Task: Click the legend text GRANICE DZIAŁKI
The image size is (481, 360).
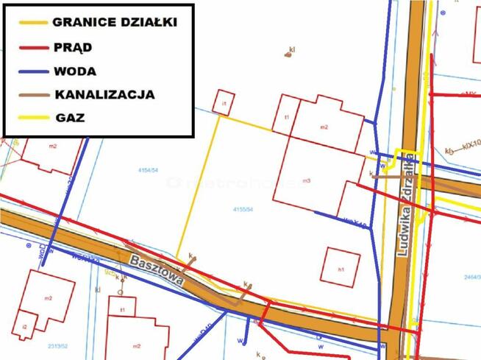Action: (114, 21)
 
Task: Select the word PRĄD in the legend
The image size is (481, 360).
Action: (72, 47)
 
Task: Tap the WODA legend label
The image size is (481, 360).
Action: (75, 71)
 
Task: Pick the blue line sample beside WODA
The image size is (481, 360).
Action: (29, 71)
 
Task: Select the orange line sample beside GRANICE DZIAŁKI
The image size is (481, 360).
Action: (29, 22)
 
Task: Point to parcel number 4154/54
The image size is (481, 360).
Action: (149, 171)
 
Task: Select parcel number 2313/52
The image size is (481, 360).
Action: (58, 344)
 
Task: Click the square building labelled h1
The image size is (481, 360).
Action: (341, 269)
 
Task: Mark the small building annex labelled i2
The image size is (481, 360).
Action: (24, 326)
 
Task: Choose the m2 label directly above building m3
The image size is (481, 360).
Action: (324, 127)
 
